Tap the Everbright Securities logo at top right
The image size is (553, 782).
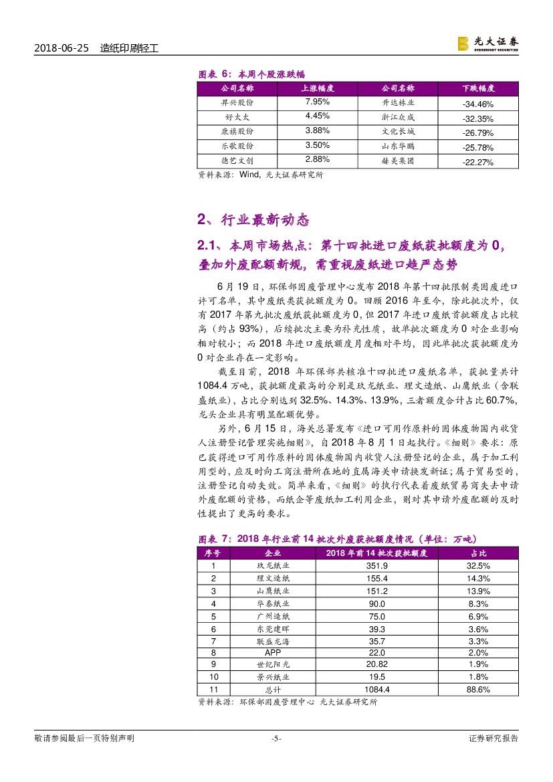point(487,43)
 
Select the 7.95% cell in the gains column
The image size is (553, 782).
point(317,102)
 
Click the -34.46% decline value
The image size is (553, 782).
point(477,104)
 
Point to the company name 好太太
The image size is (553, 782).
point(228,117)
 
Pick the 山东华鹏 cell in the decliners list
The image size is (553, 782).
point(398,146)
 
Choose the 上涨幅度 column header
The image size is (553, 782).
point(317,88)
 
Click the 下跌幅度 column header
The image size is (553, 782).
point(477,88)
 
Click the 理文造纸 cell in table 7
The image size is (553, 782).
point(273,578)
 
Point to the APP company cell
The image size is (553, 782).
point(273,652)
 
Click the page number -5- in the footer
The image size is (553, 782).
point(276,739)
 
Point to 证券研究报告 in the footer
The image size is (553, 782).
point(493,739)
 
